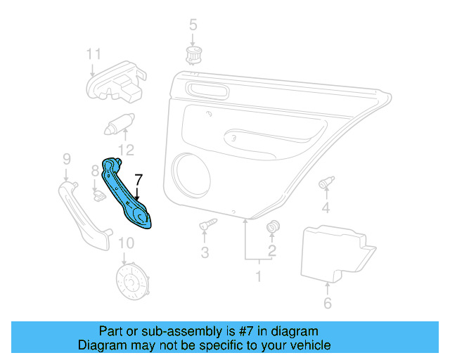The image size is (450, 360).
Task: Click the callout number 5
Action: [x=193, y=27]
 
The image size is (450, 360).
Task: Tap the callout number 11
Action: [x=94, y=54]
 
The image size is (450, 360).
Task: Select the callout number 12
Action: [x=125, y=149]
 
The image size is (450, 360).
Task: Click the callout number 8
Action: [x=95, y=170]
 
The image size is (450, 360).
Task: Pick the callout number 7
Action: [x=139, y=179]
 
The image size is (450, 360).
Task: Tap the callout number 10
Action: [x=125, y=245]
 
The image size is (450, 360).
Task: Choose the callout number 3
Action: [x=205, y=252]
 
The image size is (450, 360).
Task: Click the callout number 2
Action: [x=271, y=250]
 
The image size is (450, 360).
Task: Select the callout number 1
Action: [x=257, y=276]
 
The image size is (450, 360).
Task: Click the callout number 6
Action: [x=327, y=303]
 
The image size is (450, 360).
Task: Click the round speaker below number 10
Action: [x=131, y=284]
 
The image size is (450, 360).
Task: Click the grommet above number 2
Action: [x=273, y=227]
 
